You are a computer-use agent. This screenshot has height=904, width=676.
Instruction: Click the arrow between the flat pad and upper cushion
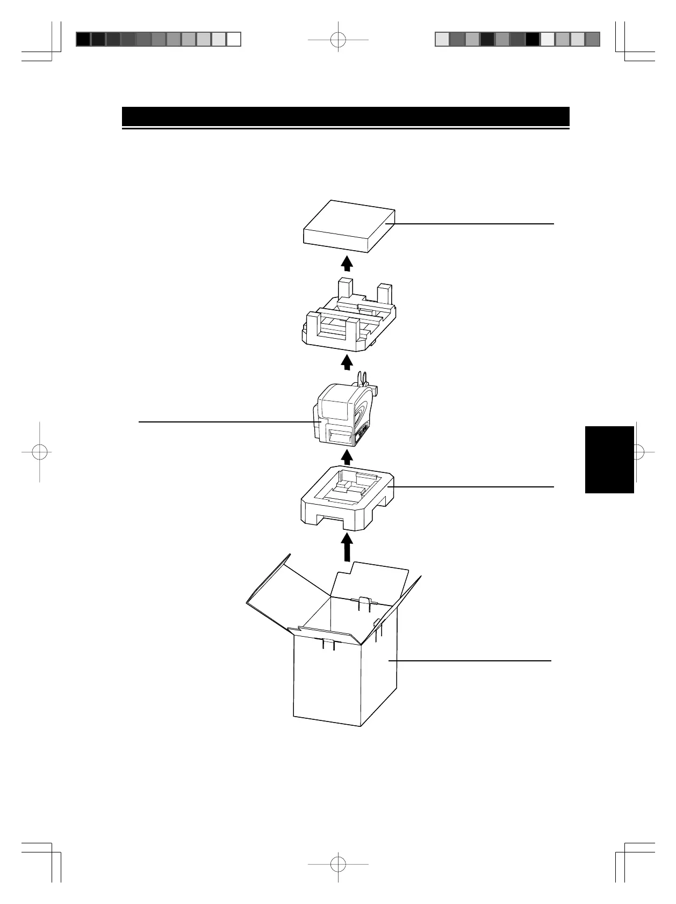click(x=347, y=263)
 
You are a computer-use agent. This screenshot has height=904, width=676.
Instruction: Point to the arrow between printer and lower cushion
click(x=347, y=457)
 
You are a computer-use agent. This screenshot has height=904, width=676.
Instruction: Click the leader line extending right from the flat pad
click(x=473, y=223)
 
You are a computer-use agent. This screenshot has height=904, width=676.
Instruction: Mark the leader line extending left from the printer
click(x=226, y=422)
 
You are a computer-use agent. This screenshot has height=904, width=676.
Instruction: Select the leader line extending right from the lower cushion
click(x=473, y=486)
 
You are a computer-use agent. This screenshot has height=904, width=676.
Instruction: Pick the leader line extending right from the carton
click(x=473, y=660)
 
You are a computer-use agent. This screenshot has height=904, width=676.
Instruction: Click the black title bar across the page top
click(x=346, y=116)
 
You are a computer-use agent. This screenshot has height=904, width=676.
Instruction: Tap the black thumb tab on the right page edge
click(x=609, y=459)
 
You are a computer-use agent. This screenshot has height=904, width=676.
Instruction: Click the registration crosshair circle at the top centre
click(x=338, y=40)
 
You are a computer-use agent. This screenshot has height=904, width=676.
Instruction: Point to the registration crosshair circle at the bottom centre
click(x=338, y=864)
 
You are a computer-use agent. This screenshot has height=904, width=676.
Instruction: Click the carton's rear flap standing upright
click(x=371, y=580)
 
